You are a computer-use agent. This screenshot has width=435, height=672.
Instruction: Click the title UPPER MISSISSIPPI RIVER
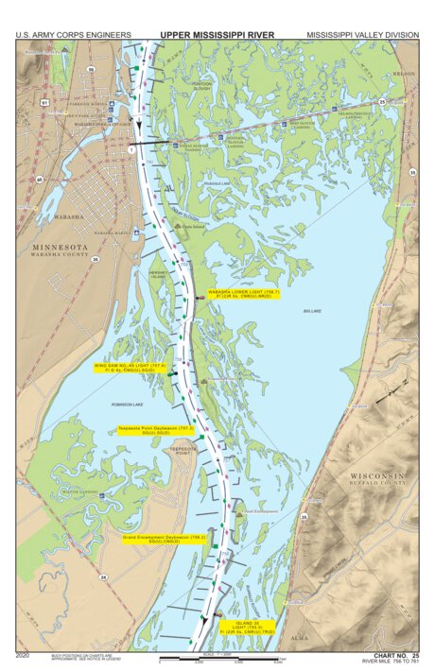[x=217, y=35]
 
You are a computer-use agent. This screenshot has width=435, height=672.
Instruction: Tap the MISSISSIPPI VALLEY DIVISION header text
[x=362, y=35]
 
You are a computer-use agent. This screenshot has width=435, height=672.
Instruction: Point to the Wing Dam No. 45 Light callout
[x=130, y=367]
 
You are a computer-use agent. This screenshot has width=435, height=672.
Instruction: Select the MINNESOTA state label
[x=60, y=247]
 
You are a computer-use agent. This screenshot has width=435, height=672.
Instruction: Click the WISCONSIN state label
[x=378, y=474]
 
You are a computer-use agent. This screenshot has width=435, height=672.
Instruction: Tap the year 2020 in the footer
[x=24, y=655]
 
